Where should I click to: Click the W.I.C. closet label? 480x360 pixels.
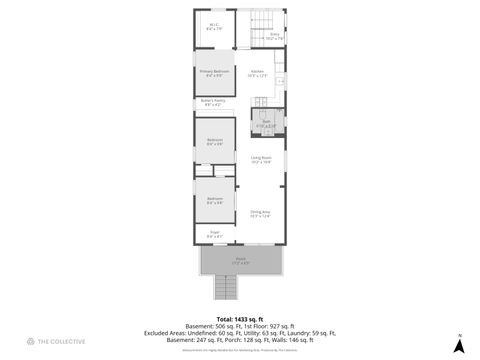(213, 26)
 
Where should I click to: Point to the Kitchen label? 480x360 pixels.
(257, 72)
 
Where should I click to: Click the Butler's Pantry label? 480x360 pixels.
(214, 102)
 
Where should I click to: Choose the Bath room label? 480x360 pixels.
(266, 124)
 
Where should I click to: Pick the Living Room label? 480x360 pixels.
(262, 159)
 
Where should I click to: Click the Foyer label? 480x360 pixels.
(214, 234)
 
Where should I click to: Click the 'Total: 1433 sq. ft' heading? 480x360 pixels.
(238, 319)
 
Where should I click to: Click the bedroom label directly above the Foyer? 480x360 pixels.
(214, 200)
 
